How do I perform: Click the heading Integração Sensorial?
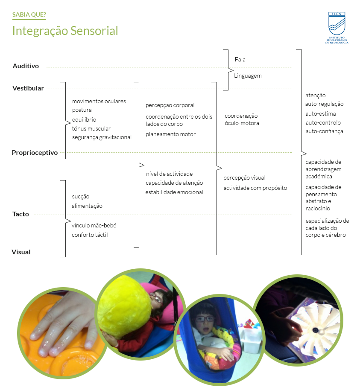pyautogui.click(x=65, y=31)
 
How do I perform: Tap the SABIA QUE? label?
pyautogui.click(x=29, y=15)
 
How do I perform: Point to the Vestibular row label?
pyautogui.click(x=28, y=88)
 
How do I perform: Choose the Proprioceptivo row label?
pyautogui.click(x=35, y=153)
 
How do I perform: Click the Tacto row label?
pyautogui.click(x=20, y=214)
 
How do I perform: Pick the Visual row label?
pyautogui.click(x=21, y=252)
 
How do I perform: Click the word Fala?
pyautogui.click(x=240, y=60)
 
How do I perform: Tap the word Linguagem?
pyautogui.click(x=248, y=76)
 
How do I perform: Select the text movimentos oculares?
pyautogui.click(x=99, y=102)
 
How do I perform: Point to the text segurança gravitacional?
pyautogui.click(x=102, y=137)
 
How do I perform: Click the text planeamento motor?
pyautogui.click(x=170, y=134)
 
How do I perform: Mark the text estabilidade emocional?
pyautogui.click(x=174, y=192)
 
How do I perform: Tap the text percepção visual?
pyautogui.click(x=244, y=178)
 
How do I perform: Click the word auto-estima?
pyautogui.click(x=321, y=114)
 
